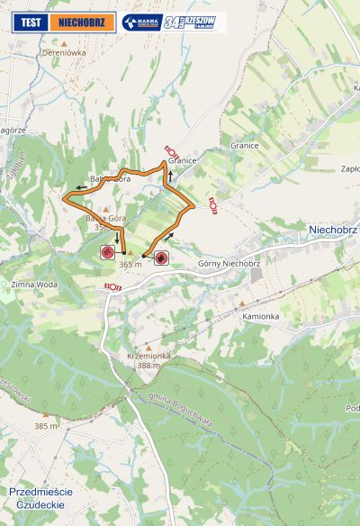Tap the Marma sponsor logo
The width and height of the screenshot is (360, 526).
pyautogui.click(x=141, y=23)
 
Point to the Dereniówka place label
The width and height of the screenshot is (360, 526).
pyautogui.click(x=64, y=53)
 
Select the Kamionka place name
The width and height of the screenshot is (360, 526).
pyautogui.click(x=261, y=317)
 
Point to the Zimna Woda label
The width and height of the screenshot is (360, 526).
pyautogui.click(x=34, y=285)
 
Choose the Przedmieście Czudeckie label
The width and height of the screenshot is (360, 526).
pyautogui.click(x=40, y=498)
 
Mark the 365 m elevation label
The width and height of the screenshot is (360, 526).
pyautogui.click(x=131, y=265)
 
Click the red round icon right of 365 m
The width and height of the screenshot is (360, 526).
pyautogui.click(x=161, y=258)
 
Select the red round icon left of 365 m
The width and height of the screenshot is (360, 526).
pyautogui.click(x=107, y=253)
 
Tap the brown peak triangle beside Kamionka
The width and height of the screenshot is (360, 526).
pyautogui.click(x=241, y=304)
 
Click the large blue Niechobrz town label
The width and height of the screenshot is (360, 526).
pyautogui.click(x=333, y=230)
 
